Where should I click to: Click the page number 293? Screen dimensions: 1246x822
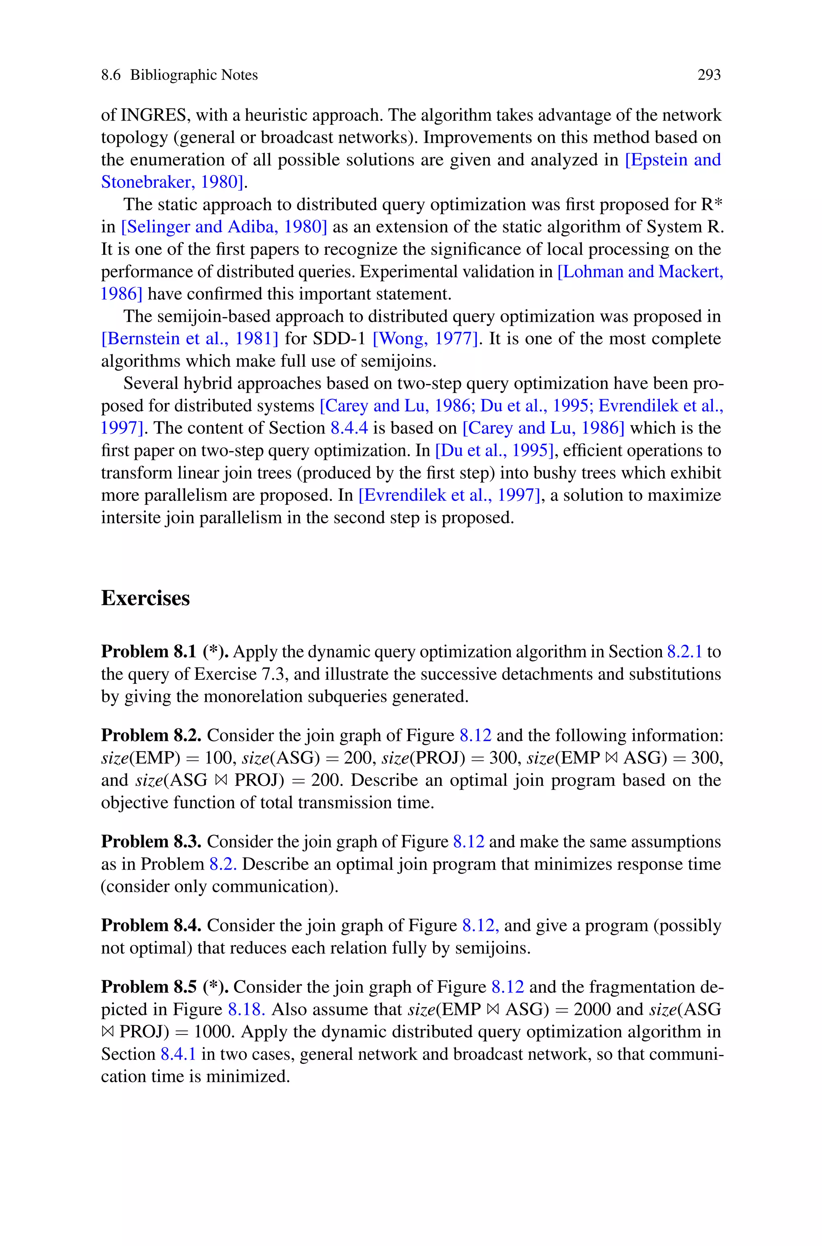[709, 75]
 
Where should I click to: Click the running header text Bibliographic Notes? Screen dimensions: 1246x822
[193, 75]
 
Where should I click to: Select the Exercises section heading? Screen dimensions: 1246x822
[145, 598]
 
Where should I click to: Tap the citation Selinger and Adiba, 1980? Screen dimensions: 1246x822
[224, 227]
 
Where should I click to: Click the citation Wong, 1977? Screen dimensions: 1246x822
[425, 338]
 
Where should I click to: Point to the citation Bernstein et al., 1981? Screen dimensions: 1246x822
[189, 338]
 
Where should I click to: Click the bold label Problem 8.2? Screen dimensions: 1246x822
[151, 735]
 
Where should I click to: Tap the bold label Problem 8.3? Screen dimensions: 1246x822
[151, 842]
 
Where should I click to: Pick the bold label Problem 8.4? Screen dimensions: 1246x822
[151, 925]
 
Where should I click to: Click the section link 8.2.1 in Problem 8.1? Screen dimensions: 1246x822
[684, 651]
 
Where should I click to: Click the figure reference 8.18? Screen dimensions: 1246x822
[246, 1009]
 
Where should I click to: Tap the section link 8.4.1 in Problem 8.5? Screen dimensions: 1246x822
[178, 1054]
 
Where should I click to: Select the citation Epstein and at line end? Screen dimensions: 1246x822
[673, 160]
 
